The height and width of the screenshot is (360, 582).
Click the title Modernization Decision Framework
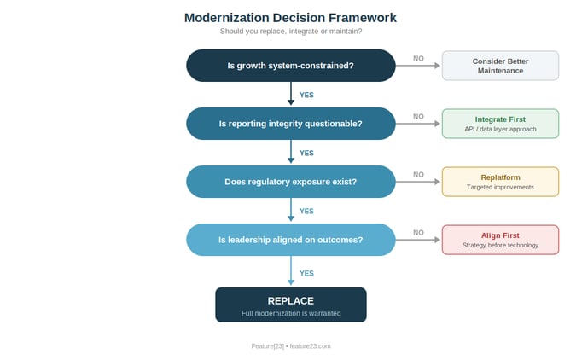tap(290, 17)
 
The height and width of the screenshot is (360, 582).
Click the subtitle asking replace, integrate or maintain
tap(290, 32)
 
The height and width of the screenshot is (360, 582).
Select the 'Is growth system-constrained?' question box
tap(290, 66)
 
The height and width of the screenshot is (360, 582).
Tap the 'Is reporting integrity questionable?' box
tap(290, 124)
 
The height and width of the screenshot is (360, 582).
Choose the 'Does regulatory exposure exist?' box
tap(290, 182)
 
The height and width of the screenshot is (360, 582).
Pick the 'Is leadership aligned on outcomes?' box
tap(290, 240)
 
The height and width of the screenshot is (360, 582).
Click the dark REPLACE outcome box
tap(290, 305)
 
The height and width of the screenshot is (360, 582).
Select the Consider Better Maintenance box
tap(500, 66)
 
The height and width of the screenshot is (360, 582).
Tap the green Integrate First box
tap(500, 124)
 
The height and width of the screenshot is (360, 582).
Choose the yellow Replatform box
tap(500, 182)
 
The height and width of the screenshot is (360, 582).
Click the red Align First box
tap(500, 240)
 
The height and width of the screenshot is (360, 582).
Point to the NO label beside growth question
tap(418, 59)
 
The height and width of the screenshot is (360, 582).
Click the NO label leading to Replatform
tap(418, 175)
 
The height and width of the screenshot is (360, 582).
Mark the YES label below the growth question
tap(306, 96)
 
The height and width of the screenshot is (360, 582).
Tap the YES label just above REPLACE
tap(306, 274)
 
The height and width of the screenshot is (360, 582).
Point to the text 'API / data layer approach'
tap(500, 129)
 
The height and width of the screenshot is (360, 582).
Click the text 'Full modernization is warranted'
tap(290, 313)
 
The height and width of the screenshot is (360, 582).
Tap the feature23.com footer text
tap(290, 346)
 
